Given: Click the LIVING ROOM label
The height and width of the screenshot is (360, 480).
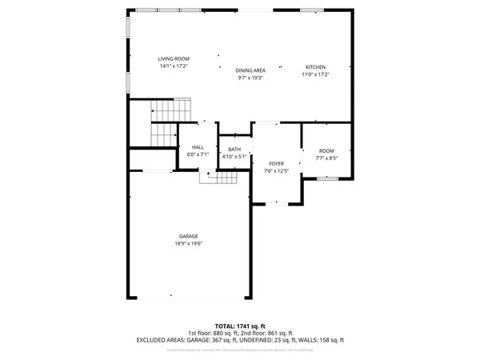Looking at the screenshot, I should click(173, 58).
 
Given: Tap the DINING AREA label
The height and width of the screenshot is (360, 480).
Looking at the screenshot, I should click(250, 71).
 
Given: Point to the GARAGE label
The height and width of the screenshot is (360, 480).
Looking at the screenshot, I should click(189, 236).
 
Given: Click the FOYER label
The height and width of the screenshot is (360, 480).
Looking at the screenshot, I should click(276, 163).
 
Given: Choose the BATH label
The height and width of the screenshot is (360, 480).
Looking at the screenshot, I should click(234, 149).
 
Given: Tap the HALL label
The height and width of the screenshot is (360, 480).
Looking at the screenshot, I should click(198, 147).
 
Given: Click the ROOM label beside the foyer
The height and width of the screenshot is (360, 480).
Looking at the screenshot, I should click(326, 151).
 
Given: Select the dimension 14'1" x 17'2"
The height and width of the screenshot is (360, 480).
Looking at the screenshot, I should click(173, 66).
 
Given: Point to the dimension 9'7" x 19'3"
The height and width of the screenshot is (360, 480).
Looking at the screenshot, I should click(250, 78).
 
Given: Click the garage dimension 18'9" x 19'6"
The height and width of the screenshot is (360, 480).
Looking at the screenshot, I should click(189, 243).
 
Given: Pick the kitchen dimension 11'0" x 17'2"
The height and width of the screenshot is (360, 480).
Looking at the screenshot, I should click(316, 74).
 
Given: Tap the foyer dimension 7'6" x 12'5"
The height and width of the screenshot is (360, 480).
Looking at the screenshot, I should click(276, 170).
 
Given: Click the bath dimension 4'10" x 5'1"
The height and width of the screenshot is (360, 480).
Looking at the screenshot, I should click(234, 156).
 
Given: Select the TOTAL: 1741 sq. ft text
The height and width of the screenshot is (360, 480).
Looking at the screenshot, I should click(240, 325).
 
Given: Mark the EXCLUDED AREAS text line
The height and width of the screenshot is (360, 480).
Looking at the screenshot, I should click(240, 340).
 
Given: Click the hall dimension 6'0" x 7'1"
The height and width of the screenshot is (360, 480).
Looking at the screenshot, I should click(198, 154).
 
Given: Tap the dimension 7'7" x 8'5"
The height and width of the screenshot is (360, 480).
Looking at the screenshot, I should click(326, 158).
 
